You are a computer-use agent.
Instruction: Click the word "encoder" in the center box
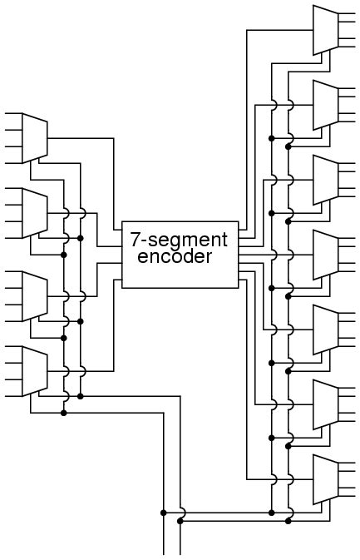[175, 256]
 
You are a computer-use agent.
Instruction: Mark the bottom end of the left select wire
[164, 553]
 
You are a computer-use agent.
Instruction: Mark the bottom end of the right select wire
[180, 553]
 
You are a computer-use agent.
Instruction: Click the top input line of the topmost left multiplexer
[13, 113]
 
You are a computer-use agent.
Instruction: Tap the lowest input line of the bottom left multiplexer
[13, 396]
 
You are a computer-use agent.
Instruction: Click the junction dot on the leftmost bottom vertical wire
[164, 513]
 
